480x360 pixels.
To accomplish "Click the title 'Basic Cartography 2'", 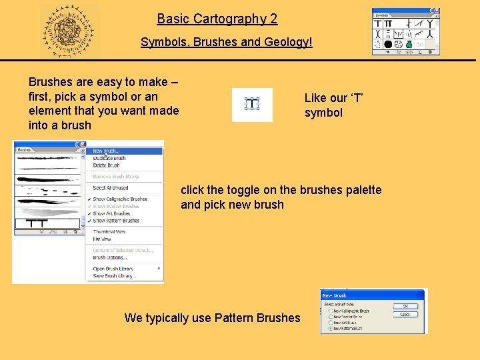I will coord(217,19).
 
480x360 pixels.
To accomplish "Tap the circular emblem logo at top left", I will coord(69,31).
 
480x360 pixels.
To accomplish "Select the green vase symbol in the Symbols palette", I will coord(409,45).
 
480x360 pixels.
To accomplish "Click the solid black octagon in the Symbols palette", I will coord(387,45).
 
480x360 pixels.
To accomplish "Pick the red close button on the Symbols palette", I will coord(436,11).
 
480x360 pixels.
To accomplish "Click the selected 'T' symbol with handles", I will coord(252,104).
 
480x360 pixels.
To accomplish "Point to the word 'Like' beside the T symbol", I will coord(315,98).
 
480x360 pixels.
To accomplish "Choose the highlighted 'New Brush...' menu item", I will coord(107,151).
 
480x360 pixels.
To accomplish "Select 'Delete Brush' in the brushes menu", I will coord(106,165).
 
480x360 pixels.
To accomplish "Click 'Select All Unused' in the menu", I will coord(110,188).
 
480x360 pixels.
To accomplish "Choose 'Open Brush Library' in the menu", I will coord(113,269).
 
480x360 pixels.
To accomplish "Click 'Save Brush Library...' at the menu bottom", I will coord(114,276).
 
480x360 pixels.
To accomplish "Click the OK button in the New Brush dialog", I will coord(405,306).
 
